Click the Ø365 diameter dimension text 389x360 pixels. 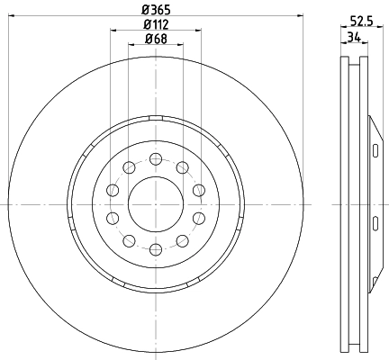coord(156,10)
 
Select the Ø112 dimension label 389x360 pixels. coord(156,24)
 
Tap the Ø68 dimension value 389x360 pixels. coord(156,38)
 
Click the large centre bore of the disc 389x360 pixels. coord(155,203)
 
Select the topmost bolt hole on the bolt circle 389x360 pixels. coord(155,158)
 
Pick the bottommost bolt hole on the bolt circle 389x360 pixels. coord(155,248)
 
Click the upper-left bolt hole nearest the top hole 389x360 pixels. coord(129,167)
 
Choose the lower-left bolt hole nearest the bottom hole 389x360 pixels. coord(129,239)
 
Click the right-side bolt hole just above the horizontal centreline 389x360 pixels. coord(198,189)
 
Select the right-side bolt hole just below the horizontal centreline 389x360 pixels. coord(198,218)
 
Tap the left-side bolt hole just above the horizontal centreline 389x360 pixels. coord(113,189)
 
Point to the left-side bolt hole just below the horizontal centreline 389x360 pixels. coord(113,218)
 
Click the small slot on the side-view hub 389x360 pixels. coord(375,148)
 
